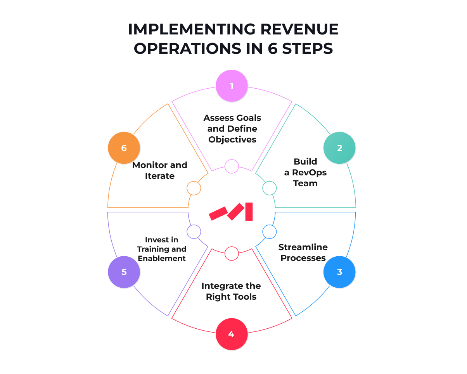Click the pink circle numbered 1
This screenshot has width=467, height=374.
coord(232,86)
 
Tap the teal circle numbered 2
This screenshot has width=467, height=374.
coord(339,148)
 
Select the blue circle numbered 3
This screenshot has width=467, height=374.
coord(339,272)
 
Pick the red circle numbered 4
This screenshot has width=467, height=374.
coord(232,334)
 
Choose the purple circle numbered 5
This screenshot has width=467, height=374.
coord(124,272)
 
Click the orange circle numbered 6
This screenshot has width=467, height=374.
coord(124,148)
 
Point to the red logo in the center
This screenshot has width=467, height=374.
coord(231,211)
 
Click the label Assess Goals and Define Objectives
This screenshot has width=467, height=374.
coord(232,129)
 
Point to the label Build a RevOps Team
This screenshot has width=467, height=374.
coord(305,172)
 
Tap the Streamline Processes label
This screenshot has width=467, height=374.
coord(303,252)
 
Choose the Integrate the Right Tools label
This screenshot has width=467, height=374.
coord(231,292)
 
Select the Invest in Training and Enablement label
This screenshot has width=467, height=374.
coord(162,249)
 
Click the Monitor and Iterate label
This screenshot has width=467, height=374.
coord(160,170)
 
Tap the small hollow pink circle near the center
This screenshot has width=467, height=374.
coord(232,166)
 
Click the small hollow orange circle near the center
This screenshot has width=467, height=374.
coord(194,188)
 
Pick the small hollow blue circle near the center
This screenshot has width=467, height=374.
coord(269,232)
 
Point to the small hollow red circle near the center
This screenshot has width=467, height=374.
coord(232,253)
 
